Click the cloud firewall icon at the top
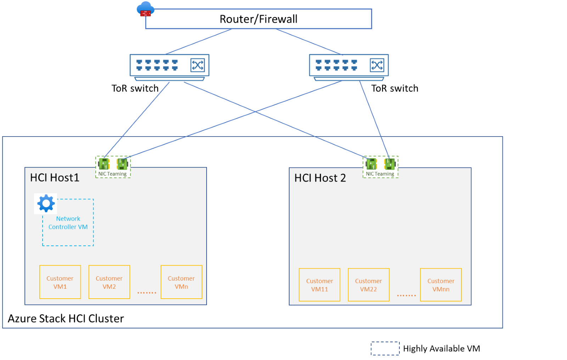(145, 9)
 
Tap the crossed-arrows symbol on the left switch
(197, 65)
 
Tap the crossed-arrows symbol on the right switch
(377, 65)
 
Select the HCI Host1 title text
(55, 177)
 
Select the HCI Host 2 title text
(320, 178)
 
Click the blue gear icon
(46, 204)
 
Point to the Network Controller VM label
(68, 223)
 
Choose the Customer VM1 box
(60, 282)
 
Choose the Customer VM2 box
(109, 282)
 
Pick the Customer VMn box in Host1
(181, 282)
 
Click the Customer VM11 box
(320, 285)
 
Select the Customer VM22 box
(369, 285)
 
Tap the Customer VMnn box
(441, 285)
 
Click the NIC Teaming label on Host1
(112, 174)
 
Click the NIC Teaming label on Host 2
(380, 174)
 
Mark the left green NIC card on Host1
(104, 164)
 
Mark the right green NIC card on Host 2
(390, 164)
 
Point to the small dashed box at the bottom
(385, 348)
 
